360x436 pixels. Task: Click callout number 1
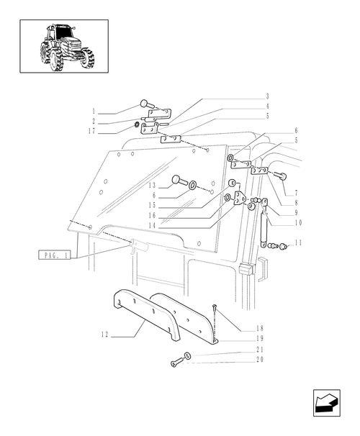point(94,113)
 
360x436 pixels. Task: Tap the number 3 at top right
point(267,96)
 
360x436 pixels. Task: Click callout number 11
point(297,243)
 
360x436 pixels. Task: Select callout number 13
point(153,185)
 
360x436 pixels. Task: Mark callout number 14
point(153,226)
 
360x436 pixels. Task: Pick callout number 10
point(297,222)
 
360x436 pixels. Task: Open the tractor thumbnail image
point(64,46)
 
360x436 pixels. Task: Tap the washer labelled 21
point(187,355)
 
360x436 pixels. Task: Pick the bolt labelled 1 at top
point(145,104)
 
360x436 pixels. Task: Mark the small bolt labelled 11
point(282,247)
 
